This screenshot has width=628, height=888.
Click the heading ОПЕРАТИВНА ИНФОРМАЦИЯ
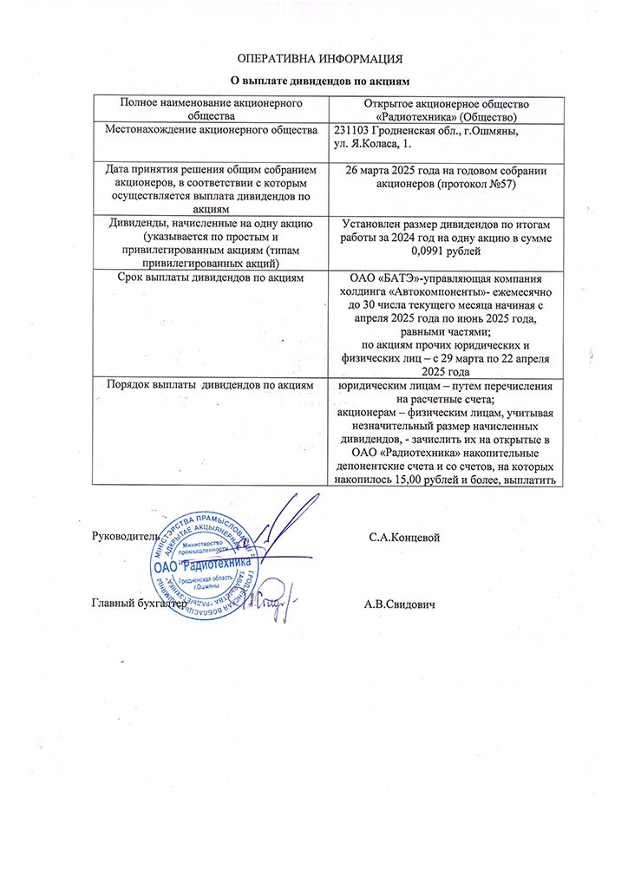(x=321, y=59)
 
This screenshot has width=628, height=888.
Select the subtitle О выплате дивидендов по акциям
(x=321, y=81)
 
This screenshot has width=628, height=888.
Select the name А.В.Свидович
(x=400, y=604)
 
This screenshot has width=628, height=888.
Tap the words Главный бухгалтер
(x=140, y=604)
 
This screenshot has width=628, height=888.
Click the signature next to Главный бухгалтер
(x=274, y=598)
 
